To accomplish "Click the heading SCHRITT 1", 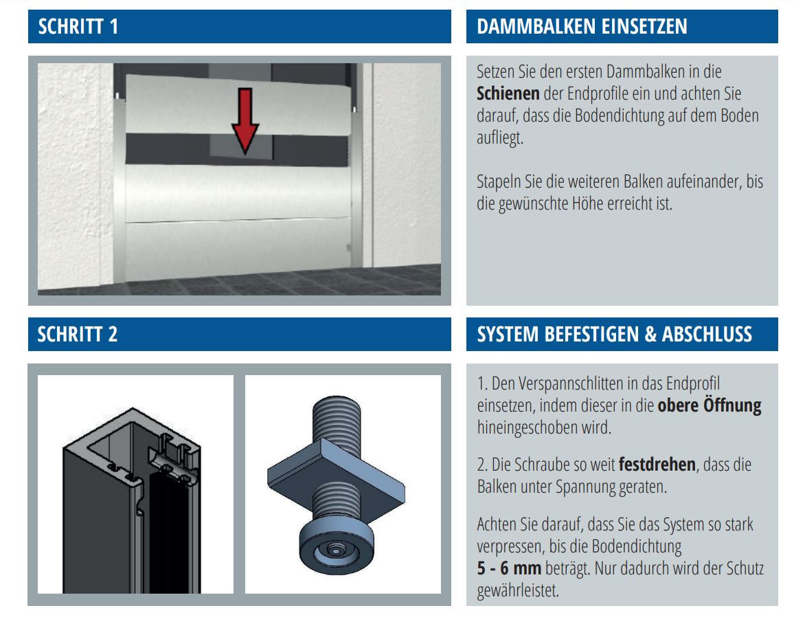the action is [x=78, y=26].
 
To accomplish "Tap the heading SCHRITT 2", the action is [x=78, y=335].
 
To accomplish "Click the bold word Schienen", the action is [x=508, y=93].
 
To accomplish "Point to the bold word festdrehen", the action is [x=657, y=464].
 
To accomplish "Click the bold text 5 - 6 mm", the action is [x=509, y=568].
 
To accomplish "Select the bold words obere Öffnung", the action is [x=710, y=406].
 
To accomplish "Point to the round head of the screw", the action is [x=337, y=549].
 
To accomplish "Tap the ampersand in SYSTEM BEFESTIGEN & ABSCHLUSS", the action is [x=650, y=335].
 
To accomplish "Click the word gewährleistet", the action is [x=517, y=591].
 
